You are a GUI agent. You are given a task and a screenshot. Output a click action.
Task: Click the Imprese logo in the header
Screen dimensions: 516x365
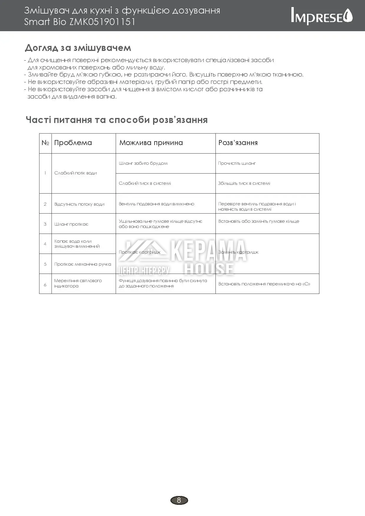321,16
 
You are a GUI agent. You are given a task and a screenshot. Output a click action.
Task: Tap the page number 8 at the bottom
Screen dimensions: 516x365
179,500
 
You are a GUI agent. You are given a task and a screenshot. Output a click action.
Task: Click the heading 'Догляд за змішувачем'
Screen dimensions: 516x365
78,48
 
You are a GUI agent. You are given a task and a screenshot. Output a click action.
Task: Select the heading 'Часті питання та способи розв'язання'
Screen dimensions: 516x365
117,120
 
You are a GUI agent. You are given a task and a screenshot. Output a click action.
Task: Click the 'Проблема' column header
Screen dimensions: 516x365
73,143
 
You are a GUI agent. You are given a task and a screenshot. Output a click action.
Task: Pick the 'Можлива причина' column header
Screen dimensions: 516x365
151,143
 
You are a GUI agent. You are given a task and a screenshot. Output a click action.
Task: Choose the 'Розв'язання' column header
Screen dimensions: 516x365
238,143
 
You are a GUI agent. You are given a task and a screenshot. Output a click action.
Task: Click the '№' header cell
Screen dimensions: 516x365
45,143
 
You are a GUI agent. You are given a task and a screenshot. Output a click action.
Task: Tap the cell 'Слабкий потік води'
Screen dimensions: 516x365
75,173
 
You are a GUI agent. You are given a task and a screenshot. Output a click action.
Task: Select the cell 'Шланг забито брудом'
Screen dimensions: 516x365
143,163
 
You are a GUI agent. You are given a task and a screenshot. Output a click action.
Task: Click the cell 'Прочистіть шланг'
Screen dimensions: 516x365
237,163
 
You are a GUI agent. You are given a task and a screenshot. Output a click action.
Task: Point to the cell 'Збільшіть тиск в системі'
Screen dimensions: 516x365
244,183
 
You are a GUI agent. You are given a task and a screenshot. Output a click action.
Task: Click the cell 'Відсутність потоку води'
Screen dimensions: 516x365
79,204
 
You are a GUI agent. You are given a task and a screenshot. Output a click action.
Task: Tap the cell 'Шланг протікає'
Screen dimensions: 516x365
71,224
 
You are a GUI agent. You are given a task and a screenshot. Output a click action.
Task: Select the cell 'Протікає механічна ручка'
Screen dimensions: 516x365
83,264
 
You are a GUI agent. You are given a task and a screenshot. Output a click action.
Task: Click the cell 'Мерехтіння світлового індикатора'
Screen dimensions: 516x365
78,283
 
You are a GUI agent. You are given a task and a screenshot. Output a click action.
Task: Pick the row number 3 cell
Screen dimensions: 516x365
45,224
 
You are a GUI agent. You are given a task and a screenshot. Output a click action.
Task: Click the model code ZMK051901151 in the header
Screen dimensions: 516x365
102,22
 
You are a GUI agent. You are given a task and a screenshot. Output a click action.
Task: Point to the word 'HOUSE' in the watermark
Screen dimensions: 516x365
209,269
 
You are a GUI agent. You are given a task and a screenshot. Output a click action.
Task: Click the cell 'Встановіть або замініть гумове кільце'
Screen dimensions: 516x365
258,221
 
